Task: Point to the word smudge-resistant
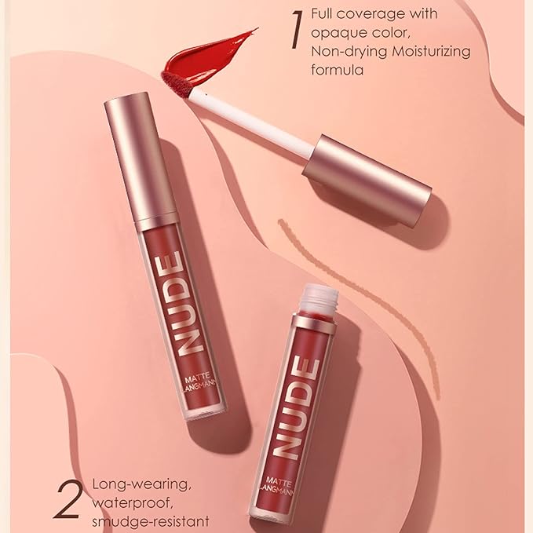click(x=150, y=519)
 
